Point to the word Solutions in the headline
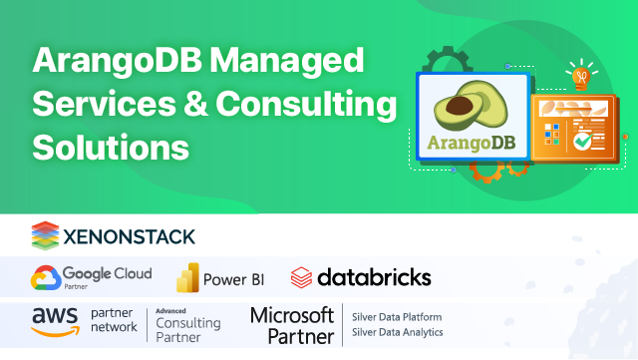click(x=111, y=147)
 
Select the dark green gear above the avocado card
click(x=439, y=62)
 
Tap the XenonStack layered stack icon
click(x=45, y=235)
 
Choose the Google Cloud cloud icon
click(x=45, y=276)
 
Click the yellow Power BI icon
click(x=185, y=277)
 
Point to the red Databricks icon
click(x=301, y=277)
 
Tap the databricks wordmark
click(x=374, y=276)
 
